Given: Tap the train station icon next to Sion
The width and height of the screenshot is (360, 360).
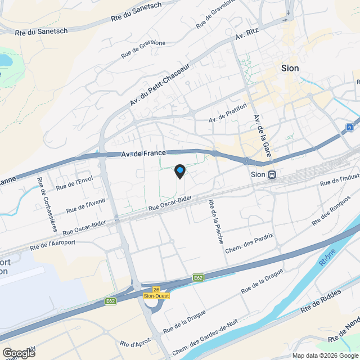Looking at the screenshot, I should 272,174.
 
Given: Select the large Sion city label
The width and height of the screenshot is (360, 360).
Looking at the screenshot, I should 290,68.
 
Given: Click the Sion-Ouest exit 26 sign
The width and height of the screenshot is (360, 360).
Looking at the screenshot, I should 156,292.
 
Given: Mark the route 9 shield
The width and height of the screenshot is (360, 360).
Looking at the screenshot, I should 349,128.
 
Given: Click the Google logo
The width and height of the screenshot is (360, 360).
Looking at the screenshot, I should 18,353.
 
